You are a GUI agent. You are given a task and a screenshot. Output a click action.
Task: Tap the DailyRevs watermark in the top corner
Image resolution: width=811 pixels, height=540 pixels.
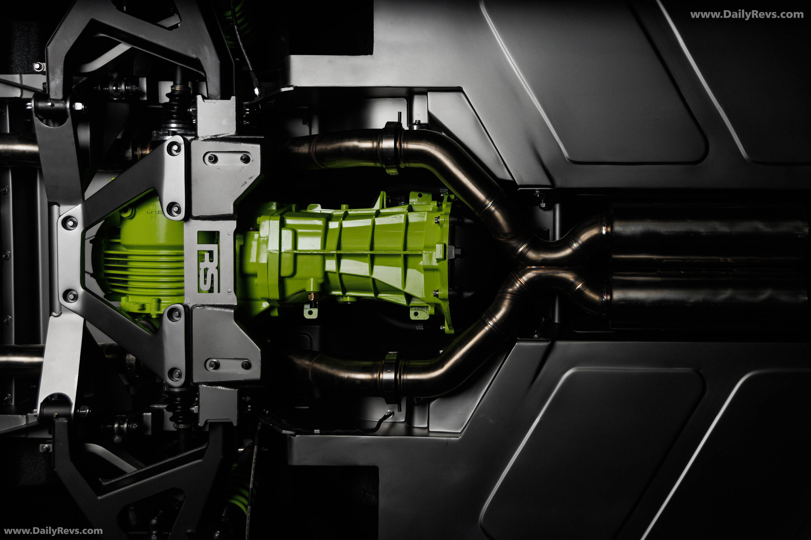pos(746,15)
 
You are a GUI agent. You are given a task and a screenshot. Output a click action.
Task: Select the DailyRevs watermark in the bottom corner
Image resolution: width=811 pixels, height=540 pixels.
pos(53,531)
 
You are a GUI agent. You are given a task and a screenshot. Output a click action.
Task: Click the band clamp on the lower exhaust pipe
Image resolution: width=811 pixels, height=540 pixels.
pos(391,377)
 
